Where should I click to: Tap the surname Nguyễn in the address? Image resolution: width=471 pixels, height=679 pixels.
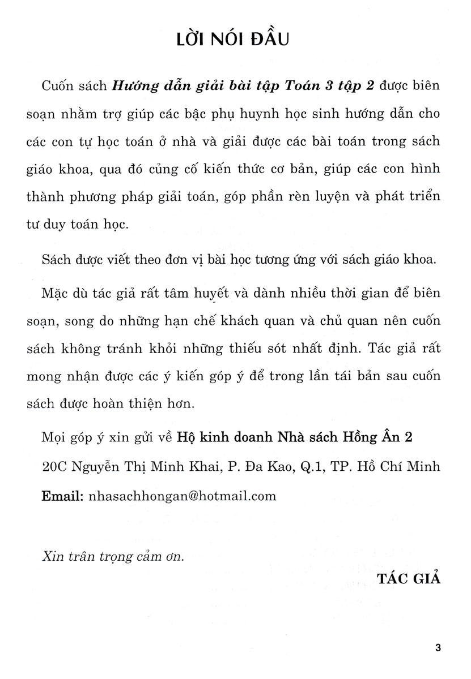pos(96,470)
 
